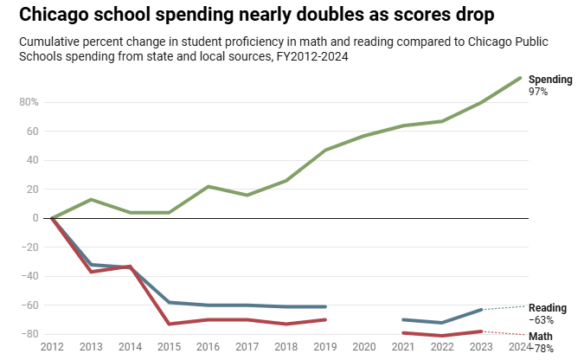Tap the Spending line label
550,80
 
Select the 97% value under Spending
538,91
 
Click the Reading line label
548,308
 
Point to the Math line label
541,336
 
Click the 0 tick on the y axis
35,218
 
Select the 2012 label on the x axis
52,347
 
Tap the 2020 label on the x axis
363,347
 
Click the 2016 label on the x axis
208,347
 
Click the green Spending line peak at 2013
91,200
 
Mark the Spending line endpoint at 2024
520,78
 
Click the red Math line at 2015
169,324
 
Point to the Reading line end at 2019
324,306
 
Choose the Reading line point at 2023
481,310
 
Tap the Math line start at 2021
403,332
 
